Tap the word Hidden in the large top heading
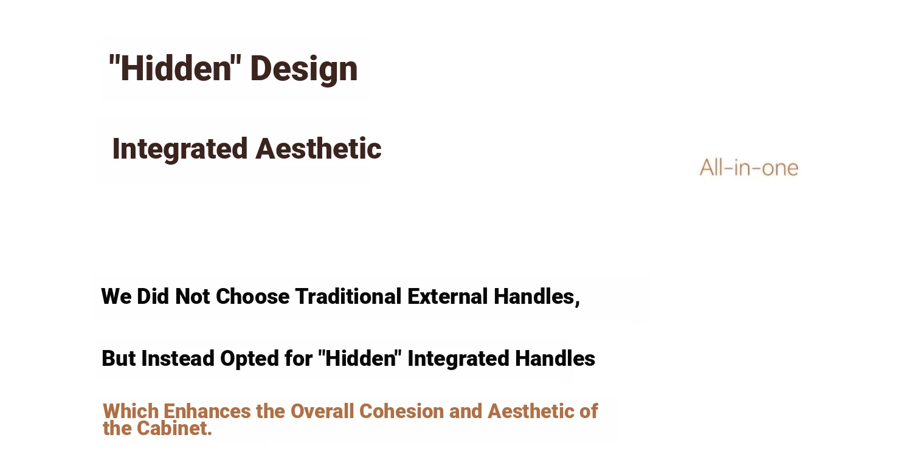pos(176,68)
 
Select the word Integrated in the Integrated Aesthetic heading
pos(179,149)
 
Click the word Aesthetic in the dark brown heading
pos(319,148)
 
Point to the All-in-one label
pos(748,168)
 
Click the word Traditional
pos(348,296)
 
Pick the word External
pos(447,296)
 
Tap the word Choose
pos(252,296)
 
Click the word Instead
pos(178,359)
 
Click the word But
pos(118,359)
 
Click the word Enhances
pos(207,411)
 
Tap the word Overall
pos(322,411)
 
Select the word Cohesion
pos(401,411)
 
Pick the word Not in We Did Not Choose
pos(192,296)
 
